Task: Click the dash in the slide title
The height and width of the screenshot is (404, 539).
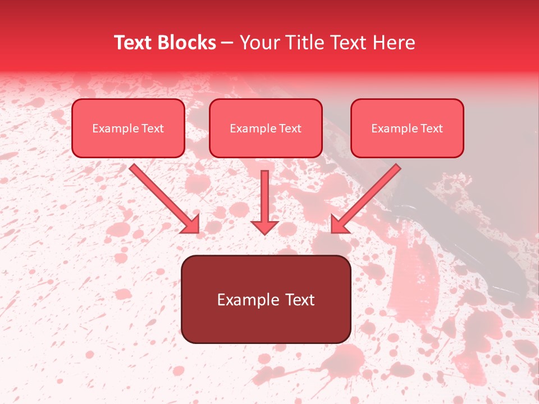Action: [x=228, y=43]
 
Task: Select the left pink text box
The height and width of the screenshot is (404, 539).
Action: [x=128, y=128]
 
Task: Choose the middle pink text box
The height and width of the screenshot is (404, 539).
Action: [x=266, y=128]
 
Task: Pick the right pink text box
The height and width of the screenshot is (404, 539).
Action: [x=407, y=128]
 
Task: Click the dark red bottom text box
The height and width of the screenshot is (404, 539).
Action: [x=266, y=299]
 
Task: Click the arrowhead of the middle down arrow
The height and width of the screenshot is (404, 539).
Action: [x=265, y=226]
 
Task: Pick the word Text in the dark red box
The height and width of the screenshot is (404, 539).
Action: [x=300, y=300]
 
